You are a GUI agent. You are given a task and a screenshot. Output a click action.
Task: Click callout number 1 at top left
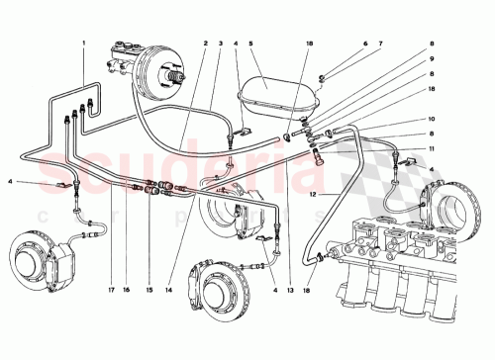pos(84,44)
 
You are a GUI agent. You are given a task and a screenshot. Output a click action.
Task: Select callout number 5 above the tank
pos(251,44)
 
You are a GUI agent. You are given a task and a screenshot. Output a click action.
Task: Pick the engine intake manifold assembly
pos(396,262)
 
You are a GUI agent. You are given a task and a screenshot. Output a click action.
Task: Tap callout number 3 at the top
pos(219,44)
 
